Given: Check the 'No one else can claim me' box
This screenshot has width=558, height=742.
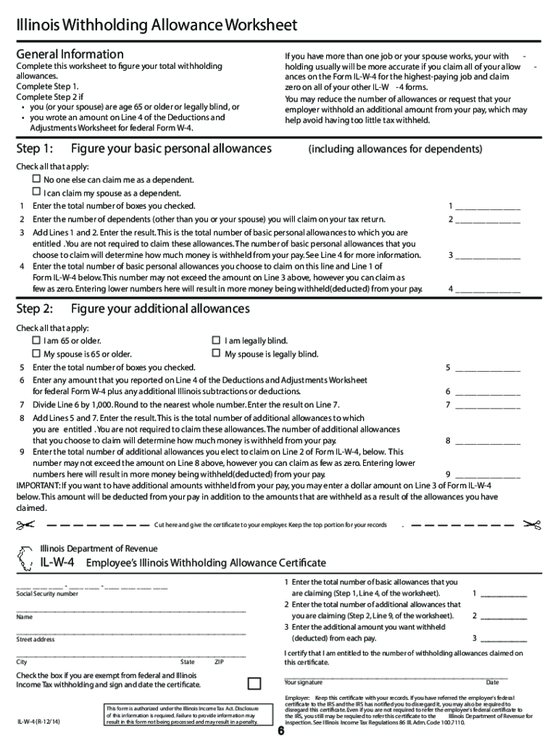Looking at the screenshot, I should click(x=36, y=178).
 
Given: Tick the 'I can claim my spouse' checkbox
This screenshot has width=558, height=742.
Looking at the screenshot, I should click(x=36, y=192).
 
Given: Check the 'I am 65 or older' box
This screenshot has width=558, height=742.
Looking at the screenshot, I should click(x=36, y=340).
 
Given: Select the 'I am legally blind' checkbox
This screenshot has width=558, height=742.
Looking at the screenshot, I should click(x=215, y=340).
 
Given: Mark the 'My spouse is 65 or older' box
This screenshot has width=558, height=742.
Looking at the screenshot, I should click(x=36, y=353).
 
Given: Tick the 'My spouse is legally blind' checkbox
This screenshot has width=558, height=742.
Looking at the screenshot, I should click(x=215, y=353).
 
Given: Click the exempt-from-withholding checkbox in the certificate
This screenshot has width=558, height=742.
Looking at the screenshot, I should click(x=254, y=683).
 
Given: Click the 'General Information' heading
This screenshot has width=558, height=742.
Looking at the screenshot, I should click(x=70, y=54).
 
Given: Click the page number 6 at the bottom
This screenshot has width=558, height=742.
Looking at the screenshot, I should click(x=280, y=730).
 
